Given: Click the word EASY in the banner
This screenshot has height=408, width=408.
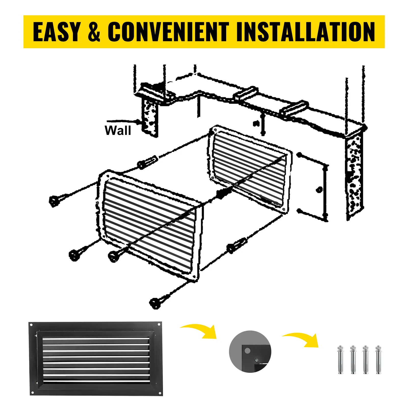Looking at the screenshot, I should tap(57, 32).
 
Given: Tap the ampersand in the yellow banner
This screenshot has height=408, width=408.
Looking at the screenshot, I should tap(94, 32).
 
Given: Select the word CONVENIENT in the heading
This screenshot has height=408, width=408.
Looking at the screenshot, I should tap(168, 32).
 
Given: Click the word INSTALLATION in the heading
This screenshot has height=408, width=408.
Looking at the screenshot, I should tap(305, 32).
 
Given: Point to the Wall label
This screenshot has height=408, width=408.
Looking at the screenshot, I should tap(118, 131).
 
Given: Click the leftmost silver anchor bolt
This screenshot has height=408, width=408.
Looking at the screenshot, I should tap(340, 360).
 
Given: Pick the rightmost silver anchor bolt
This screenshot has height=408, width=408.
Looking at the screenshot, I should tap(378, 360).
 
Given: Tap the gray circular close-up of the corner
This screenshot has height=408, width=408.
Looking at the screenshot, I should tap(250, 352).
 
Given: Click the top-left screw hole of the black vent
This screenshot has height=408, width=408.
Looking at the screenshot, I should tap(31, 325).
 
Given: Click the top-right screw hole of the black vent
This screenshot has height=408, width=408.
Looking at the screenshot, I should tap(160, 325).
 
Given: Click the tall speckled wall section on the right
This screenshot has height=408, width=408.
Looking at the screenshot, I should tap(354, 176).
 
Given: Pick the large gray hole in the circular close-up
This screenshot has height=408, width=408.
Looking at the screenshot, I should tap(247, 351).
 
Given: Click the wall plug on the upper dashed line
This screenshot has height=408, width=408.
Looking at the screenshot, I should tap(147, 162).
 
